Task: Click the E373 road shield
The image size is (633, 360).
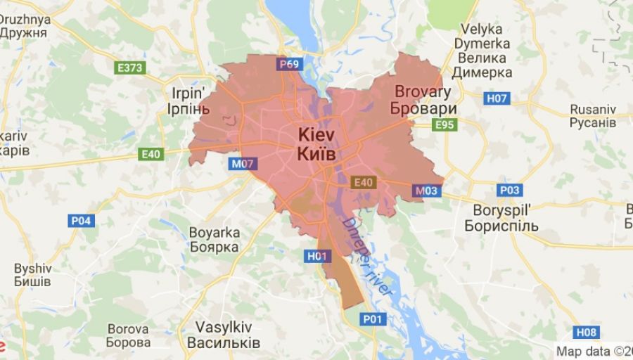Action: [130, 67]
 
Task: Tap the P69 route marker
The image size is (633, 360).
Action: [289, 64]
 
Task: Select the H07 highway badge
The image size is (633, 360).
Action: [497, 98]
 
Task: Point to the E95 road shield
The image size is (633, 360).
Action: [445, 125]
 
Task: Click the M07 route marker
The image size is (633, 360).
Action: [243, 164]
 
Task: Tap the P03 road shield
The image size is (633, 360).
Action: [509, 191]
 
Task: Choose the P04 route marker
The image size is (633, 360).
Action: [82, 221]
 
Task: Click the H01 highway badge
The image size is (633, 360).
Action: [318, 257]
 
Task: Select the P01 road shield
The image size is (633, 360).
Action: [374, 320]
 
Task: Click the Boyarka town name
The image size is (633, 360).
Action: [215, 233]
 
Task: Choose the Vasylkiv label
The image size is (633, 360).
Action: [223, 327]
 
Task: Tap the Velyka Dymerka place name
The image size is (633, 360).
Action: [482, 29]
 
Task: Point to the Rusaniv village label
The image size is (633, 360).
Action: [593, 110]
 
